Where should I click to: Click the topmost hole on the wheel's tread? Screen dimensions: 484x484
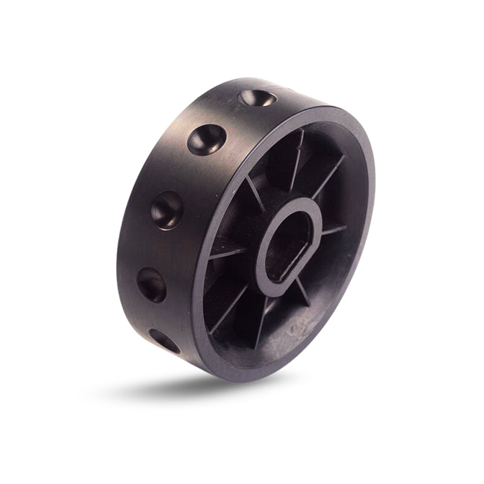[x=256, y=97]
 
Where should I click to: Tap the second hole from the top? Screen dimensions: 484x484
[x=206, y=140]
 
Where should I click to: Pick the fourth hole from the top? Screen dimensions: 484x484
[x=151, y=284]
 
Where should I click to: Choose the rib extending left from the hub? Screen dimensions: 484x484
[x=226, y=254]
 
